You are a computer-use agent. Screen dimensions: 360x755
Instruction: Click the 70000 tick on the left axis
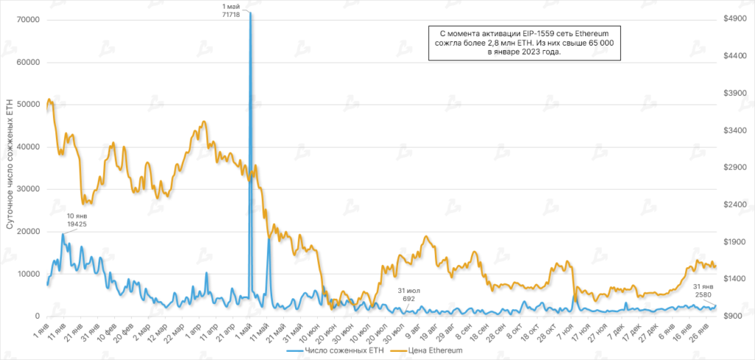[27, 20]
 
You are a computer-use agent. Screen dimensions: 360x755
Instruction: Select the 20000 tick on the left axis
[27, 232]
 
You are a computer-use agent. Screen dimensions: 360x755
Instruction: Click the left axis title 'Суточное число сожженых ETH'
[10, 174]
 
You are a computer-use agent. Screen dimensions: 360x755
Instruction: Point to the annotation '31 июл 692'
[409, 294]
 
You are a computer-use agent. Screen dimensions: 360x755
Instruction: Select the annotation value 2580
[704, 294]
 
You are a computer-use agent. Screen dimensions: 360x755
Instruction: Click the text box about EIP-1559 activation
[527, 47]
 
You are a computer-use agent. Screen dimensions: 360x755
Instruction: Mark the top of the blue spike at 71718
[251, 13]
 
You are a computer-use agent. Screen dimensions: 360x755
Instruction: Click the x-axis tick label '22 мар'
[173, 330]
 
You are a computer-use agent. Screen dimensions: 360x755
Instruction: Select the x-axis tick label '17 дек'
[639, 330]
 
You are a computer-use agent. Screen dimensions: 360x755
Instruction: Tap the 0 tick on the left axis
[36, 316]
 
